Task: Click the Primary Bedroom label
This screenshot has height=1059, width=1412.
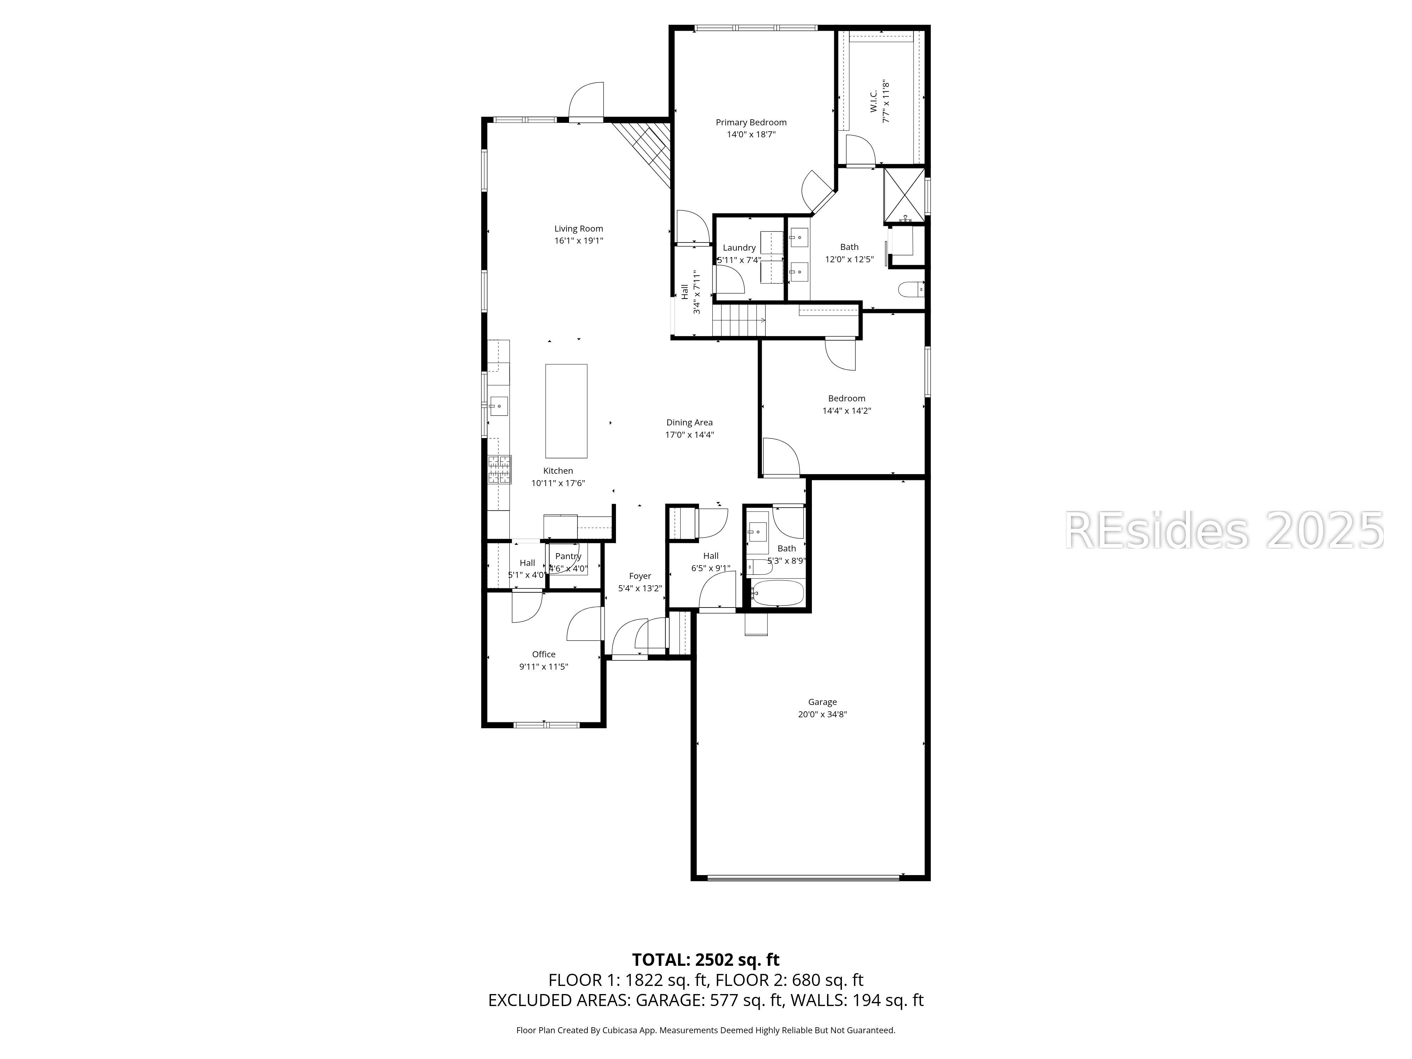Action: pos(751,122)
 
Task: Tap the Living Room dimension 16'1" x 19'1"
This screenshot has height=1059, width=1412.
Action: pos(578,241)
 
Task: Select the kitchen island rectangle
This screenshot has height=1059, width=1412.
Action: pos(566,411)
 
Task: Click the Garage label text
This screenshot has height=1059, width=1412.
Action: pos(822,702)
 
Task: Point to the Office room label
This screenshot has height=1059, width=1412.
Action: pos(544,654)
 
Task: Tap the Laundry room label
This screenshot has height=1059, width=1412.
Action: pos(739,248)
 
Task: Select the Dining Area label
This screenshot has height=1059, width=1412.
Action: pos(689,423)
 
